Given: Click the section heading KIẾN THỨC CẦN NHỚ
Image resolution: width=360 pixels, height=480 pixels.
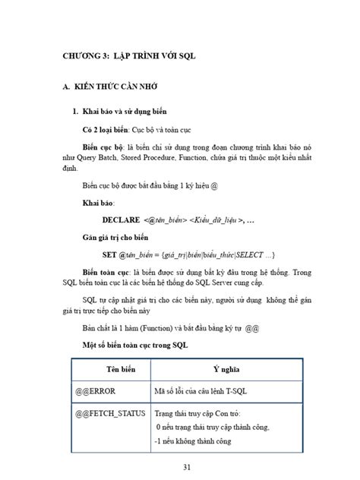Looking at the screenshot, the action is (x=111, y=89).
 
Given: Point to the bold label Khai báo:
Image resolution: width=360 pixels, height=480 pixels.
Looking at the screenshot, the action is (x=100, y=203).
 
